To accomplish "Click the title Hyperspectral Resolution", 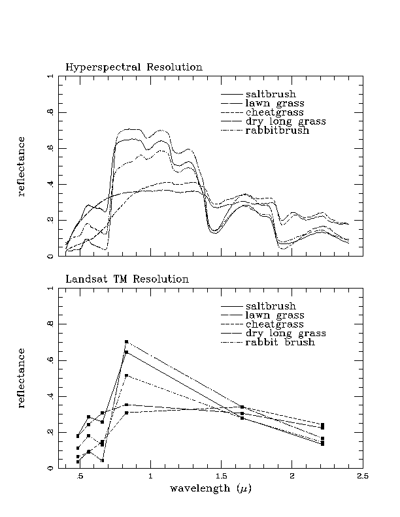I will pos(133,67).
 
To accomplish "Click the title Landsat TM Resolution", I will pos(127,279).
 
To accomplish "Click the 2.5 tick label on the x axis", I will pos(362,477).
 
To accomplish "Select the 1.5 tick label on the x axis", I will pos(221,477).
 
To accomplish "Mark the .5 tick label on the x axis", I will pos(80,477).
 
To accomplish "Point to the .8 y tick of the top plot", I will pos(50,112).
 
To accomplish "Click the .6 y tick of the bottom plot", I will pos(50,360).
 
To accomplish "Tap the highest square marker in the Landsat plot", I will pos(126,342).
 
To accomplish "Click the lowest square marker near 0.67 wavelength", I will pos(103,460).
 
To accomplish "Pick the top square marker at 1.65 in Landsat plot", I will pos(242,407).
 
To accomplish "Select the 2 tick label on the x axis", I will pos(292,477).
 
